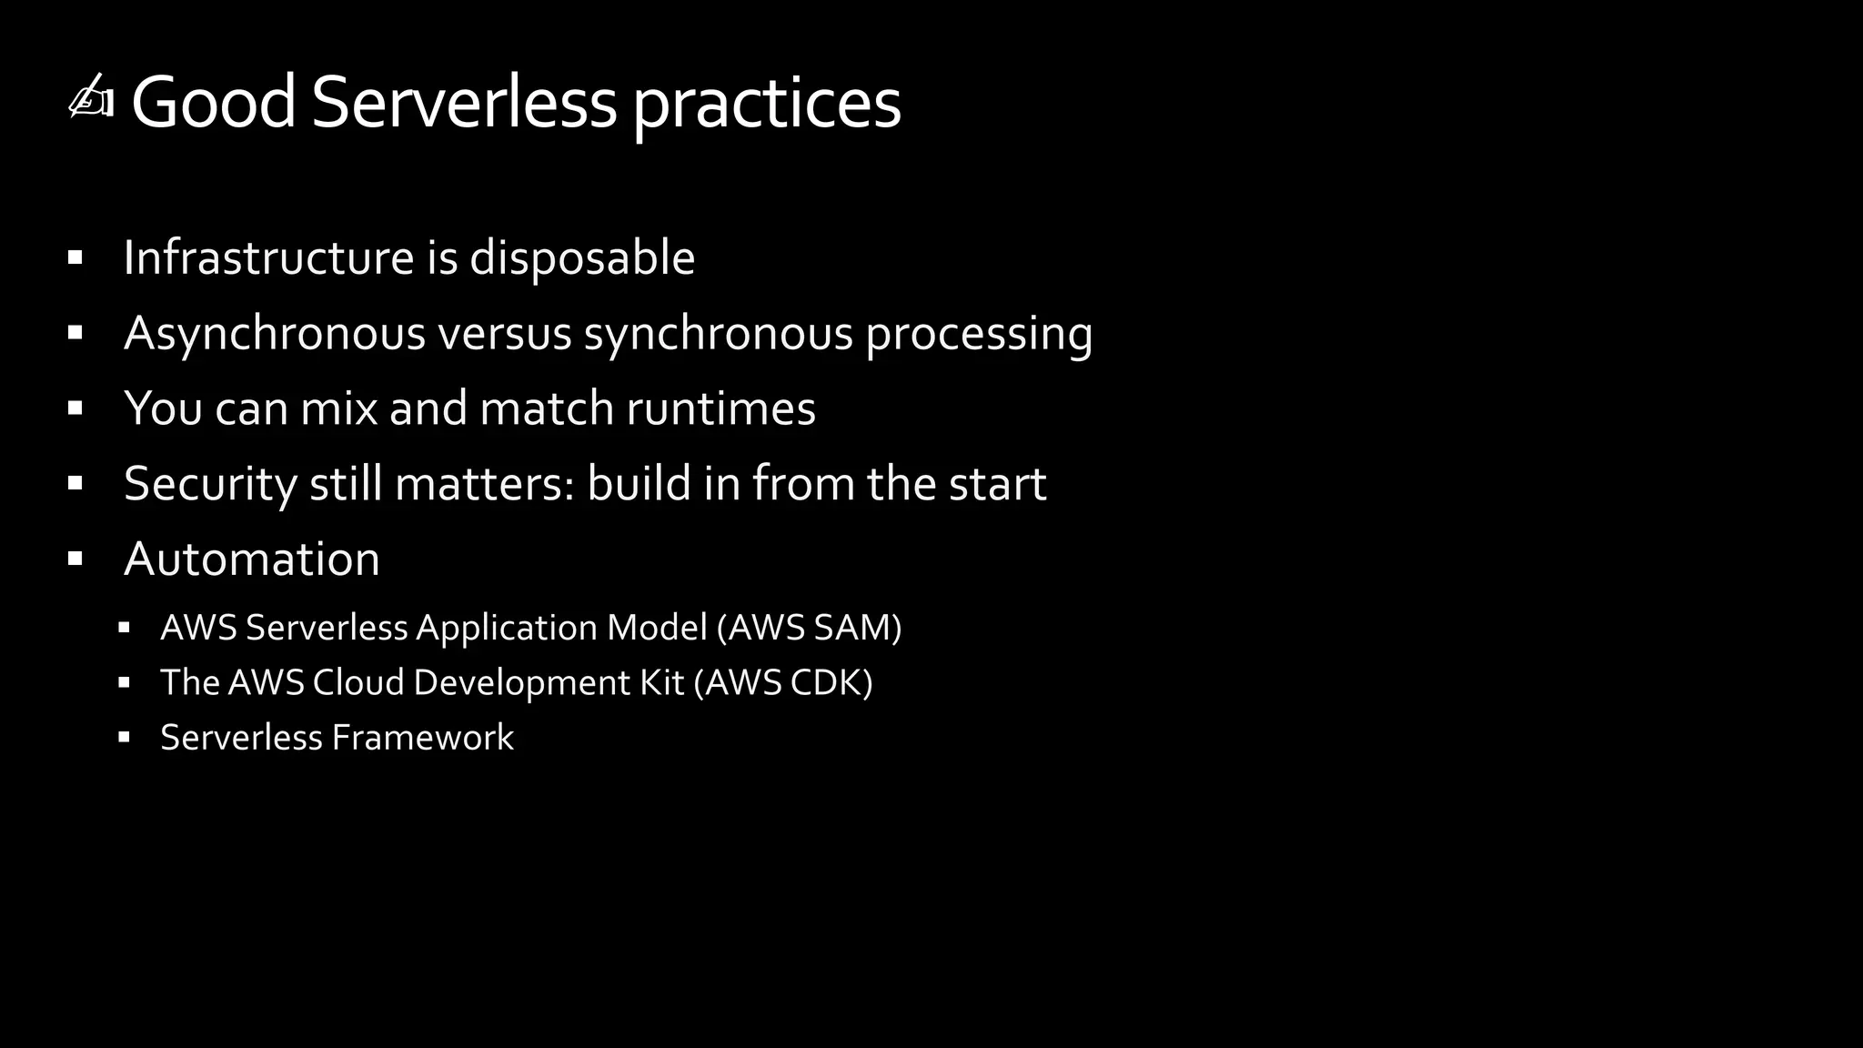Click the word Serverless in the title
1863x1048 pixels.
coord(464,102)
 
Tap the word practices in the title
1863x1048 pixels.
coord(766,106)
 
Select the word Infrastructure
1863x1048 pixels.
coord(269,257)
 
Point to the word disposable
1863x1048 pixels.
coord(582,259)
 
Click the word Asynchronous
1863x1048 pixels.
coord(275,334)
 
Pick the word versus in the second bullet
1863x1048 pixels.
coord(505,334)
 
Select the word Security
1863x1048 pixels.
coord(210,484)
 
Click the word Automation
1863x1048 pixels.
coord(252,559)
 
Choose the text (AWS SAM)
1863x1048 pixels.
coord(810,628)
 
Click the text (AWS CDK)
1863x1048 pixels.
coord(783,682)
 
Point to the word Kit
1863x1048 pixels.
coord(661,682)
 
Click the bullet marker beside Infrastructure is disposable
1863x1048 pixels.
coord(76,258)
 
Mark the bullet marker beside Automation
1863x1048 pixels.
coord(76,559)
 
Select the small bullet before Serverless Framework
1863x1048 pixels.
coord(125,737)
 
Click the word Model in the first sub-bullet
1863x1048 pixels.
coord(657,628)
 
